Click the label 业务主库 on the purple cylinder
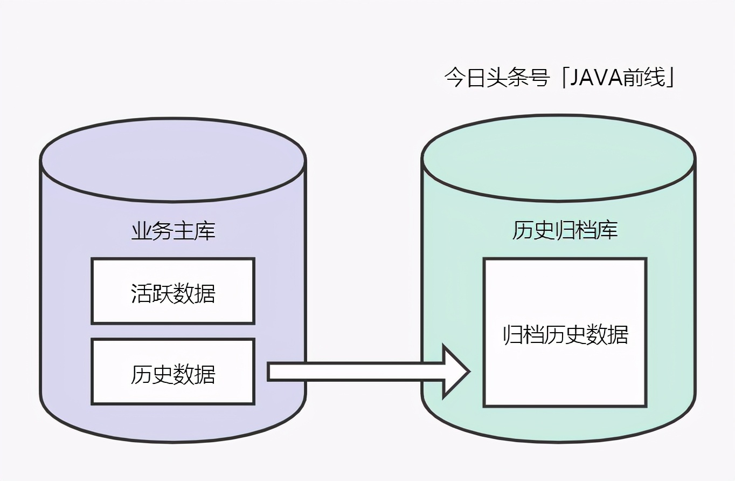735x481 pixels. [173, 231]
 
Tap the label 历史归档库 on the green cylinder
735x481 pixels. [564, 231]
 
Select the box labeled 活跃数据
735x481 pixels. [173, 291]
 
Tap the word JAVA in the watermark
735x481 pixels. [595, 78]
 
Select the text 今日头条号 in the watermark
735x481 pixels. [496, 78]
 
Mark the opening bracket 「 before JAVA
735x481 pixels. [563, 78]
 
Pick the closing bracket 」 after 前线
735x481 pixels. [671, 78]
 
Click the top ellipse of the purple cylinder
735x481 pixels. [173, 160]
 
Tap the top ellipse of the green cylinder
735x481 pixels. [558, 158]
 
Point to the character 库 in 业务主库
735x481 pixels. [205, 231]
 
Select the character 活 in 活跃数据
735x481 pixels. [141, 294]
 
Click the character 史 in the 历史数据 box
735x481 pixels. [162, 375]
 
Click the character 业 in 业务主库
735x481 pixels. [141, 231]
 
